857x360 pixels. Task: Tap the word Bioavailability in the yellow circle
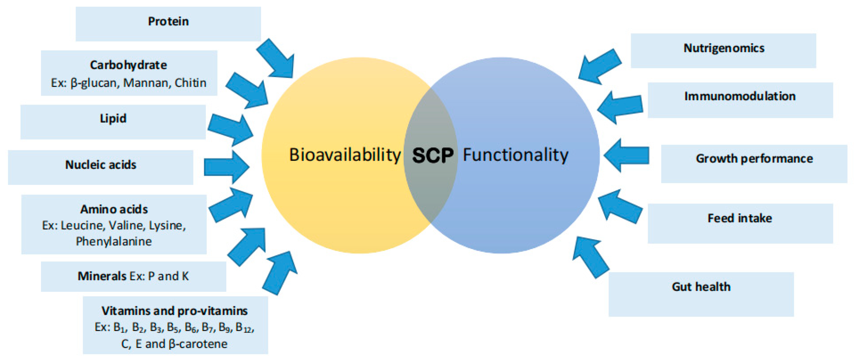[345, 155]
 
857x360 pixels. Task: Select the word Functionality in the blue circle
[516, 155]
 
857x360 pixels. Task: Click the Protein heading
[168, 21]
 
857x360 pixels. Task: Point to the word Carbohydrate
[128, 65]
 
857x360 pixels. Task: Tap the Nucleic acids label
[101, 165]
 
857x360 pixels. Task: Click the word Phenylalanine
[114, 241]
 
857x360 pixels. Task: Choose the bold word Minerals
[102, 276]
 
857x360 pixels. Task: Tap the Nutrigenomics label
[724, 48]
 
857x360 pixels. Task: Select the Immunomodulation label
[740, 96]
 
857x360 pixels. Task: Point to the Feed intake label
[740, 218]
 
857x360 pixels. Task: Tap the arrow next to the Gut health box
[591, 257]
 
